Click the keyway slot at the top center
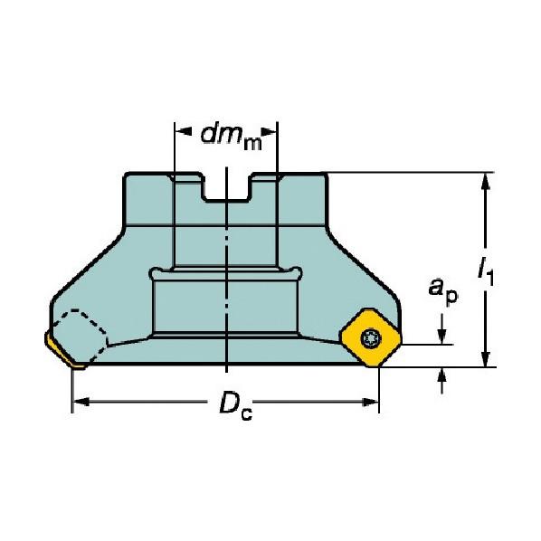[x=225, y=189]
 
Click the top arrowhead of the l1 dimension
[x=487, y=181]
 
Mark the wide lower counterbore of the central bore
[x=226, y=308]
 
